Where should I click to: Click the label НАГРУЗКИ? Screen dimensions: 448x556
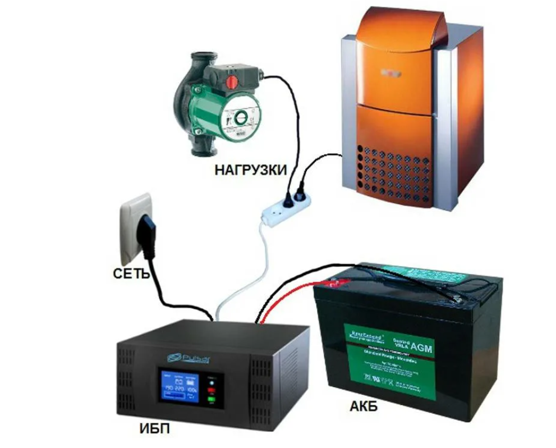click(x=250, y=170)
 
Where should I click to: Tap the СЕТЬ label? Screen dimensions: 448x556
click(x=130, y=275)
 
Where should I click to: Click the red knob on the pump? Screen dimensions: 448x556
click(x=230, y=83)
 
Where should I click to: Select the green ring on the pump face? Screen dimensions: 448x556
click(x=241, y=118)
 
